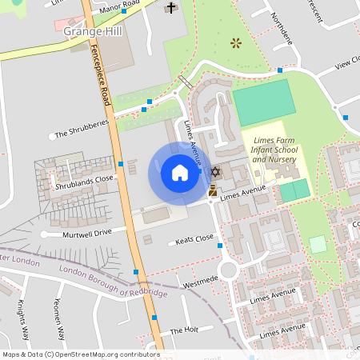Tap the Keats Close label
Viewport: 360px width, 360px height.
coord(194,239)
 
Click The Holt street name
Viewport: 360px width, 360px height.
coord(183,330)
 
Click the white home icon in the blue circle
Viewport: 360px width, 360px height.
coord(179,173)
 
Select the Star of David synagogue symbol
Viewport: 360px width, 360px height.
coord(214,172)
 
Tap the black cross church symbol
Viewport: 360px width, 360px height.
coord(170,9)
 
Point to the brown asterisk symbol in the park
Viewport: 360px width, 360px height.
coord(234,42)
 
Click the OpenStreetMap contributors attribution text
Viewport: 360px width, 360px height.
coord(80,354)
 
